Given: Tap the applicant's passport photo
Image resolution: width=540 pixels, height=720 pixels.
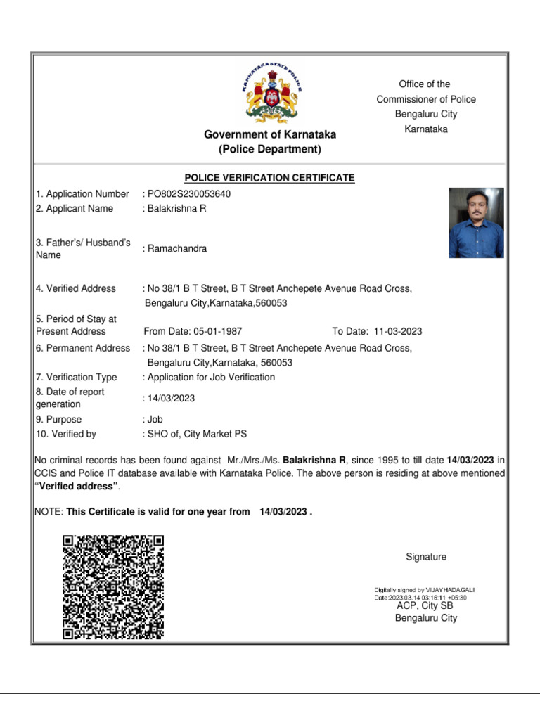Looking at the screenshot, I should [476, 223].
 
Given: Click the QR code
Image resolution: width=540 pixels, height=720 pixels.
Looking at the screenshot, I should [112, 586].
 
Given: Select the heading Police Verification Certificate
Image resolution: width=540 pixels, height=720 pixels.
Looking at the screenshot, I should [269, 178].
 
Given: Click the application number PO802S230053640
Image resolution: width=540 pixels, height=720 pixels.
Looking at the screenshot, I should [188, 194].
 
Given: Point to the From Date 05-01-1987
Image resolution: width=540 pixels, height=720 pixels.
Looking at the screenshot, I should [193, 331].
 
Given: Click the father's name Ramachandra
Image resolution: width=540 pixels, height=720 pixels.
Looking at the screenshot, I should [176, 248].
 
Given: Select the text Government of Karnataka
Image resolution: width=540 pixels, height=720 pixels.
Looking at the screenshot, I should [270, 134].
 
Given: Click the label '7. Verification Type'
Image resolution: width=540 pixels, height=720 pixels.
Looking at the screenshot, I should [77, 377].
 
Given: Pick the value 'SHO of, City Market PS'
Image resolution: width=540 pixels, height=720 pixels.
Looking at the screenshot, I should [196, 434].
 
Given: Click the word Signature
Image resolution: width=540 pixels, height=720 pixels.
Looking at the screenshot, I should [426, 557].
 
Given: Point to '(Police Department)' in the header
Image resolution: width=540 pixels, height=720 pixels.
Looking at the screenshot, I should [270, 149].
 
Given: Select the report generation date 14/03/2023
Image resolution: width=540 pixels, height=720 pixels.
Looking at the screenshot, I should [171, 398].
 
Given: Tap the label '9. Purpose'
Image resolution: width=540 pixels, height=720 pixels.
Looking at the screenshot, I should [61, 419].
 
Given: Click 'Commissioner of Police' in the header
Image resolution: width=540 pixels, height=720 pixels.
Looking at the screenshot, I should [426, 99].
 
